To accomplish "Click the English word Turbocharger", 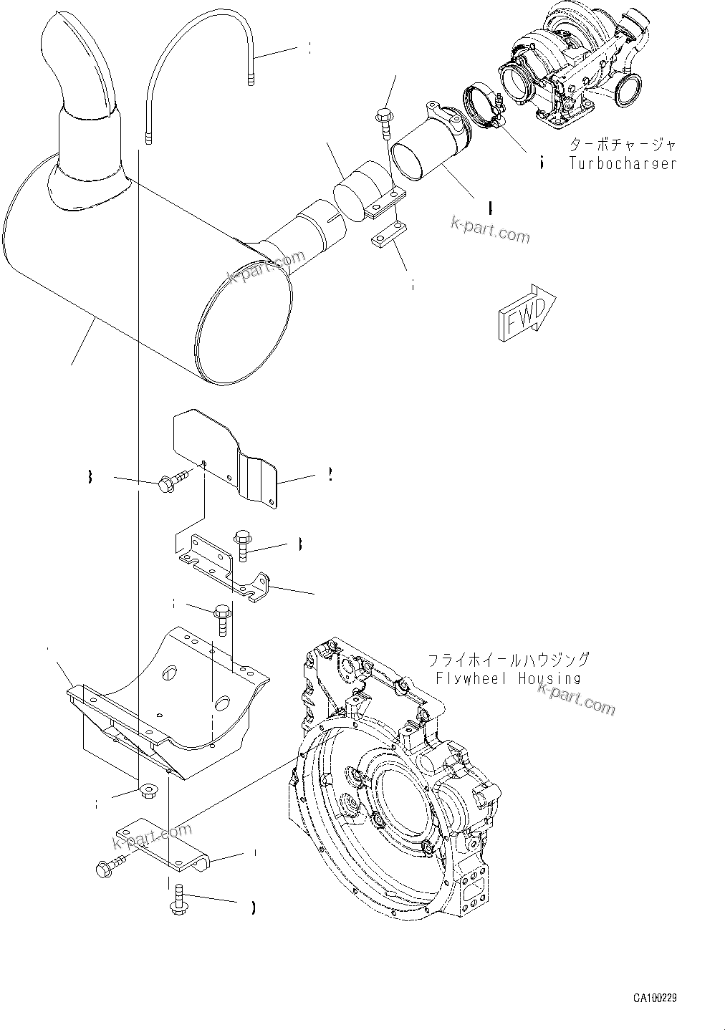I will pos(623,163).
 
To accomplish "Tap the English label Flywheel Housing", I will pos(508,678).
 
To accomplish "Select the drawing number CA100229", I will pos(655,997).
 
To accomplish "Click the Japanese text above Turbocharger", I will pos(622,145).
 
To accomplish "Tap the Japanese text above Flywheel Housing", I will pos(508,660).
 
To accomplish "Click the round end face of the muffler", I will pos(244,322).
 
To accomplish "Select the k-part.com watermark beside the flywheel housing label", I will pos(576,698).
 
